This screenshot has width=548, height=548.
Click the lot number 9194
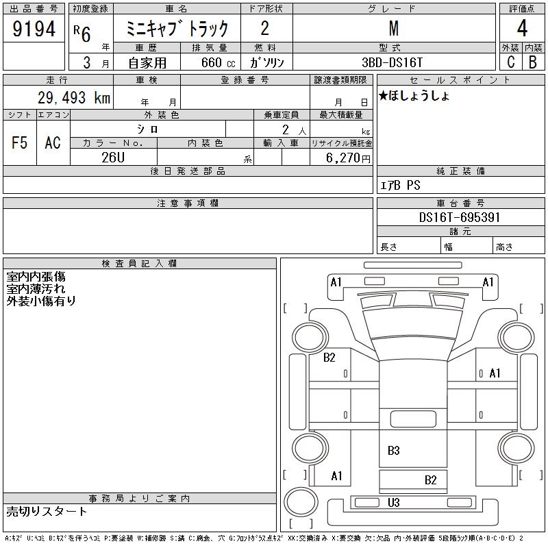click(34, 29)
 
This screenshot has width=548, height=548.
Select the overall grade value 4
click(521, 29)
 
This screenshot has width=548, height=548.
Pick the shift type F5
click(20, 142)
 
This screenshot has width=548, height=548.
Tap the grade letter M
click(393, 29)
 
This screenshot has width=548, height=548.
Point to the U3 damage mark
click(393, 503)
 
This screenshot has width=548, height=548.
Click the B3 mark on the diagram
click(393, 451)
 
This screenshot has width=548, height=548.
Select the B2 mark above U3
click(430, 480)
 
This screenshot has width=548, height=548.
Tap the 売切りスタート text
click(47, 512)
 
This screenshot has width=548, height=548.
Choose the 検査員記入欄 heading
click(140, 264)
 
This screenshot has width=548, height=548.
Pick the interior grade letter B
click(532, 61)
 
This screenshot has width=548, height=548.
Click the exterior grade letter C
click(510, 61)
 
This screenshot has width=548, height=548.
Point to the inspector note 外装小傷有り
click(41, 301)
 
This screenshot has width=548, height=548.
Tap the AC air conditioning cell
click(53, 142)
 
